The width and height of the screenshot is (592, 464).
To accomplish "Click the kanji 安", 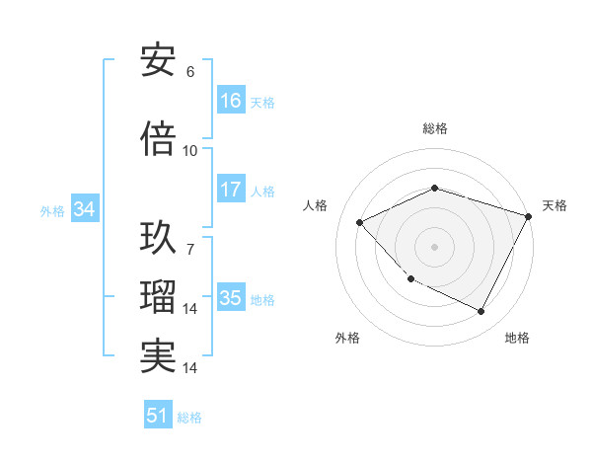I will pyautogui.click(x=158, y=60).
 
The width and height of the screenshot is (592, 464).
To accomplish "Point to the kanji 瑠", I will pyautogui.click(x=158, y=297).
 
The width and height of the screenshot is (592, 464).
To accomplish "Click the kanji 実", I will pyautogui.click(x=158, y=355).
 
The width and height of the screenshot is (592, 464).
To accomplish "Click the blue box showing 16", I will pyautogui.click(x=231, y=101).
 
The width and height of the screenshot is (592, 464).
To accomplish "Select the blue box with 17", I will pyautogui.click(x=231, y=190).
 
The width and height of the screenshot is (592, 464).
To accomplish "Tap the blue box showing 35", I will pyautogui.click(x=231, y=298).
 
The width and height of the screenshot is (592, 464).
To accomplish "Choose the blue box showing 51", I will pyautogui.click(x=158, y=416).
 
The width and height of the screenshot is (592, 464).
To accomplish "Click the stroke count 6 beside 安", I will pyautogui.click(x=190, y=72).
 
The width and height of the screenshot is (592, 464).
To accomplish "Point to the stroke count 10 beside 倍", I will pyautogui.click(x=190, y=151).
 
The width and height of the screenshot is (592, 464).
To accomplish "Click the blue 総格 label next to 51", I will pyautogui.click(x=189, y=418).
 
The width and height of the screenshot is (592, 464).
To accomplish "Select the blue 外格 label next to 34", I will pyautogui.click(x=52, y=210).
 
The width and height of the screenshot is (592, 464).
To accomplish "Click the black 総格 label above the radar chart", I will pyautogui.click(x=434, y=128).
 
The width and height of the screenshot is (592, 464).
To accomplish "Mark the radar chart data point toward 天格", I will pyautogui.click(x=529, y=215).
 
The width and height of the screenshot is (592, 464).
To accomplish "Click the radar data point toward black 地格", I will pyautogui.click(x=481, y=312).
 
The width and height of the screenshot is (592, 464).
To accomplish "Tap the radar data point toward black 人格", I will pyautogui.click(x=360, y=222).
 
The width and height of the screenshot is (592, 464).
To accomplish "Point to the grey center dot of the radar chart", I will pyautogui.click(x=434, y=246).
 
